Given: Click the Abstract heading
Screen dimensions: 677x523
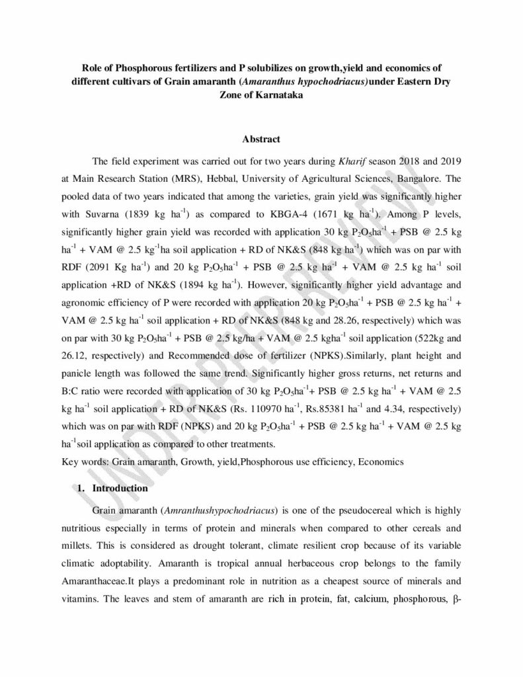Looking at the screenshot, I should point(261,139).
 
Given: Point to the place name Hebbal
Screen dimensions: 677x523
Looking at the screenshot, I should point(213,179).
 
